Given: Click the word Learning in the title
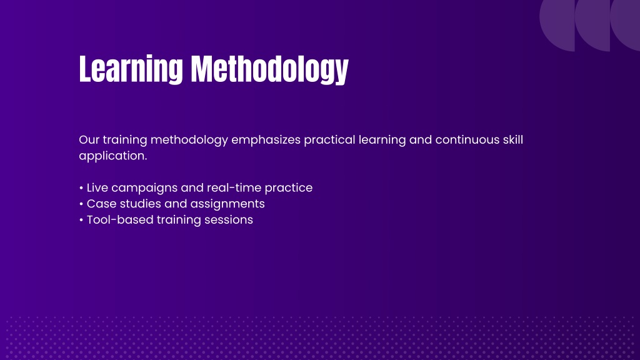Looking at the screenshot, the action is (131, 69).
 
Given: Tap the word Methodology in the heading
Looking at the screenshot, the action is (270, 69).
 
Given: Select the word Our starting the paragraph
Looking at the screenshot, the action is (89, 139).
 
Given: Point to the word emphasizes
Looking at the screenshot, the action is (266, 141).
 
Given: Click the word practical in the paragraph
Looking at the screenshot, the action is (329, 141).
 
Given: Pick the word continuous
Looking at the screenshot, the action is (467, 139).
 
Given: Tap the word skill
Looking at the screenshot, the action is (512, 139).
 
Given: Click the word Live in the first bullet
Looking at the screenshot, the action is (97, 187).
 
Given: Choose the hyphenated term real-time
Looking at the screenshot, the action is (234, 187).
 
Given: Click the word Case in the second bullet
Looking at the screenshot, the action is (102, 204).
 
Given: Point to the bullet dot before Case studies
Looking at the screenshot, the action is (81, 204).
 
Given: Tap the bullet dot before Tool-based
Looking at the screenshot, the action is (81, 220).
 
